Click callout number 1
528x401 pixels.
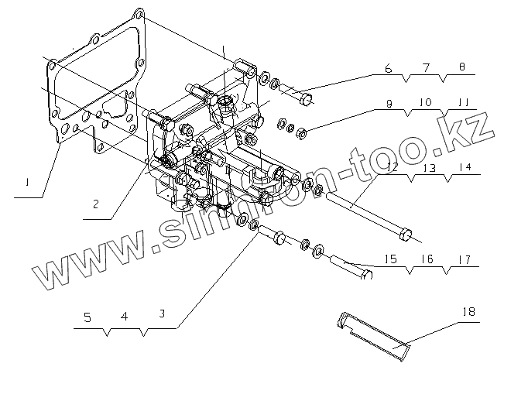click(x=27, y=183)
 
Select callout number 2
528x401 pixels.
click(x=94, y=204)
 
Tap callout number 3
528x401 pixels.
click(x=161, y=314)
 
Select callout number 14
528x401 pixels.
click(x=464, y=167)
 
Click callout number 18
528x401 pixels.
click(x=468, y=311)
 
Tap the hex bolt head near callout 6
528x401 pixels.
click(x=305, y=98)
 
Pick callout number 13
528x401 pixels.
click(x=429, y=167)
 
